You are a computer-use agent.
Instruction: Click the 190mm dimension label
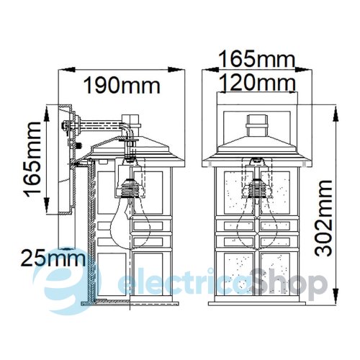click(x=122, y=86)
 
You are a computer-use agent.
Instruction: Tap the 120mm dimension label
click(x=257, y=82)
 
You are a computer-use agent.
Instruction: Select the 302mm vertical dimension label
click(x=323, y=218)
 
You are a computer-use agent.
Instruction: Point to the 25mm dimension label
click(x=53, y=258)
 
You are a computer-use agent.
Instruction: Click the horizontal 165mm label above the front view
click(x=257, y=59)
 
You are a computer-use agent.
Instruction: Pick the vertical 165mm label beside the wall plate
click(x=32, y=159)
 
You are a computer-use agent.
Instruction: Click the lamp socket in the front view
click(x=257, y=188)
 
